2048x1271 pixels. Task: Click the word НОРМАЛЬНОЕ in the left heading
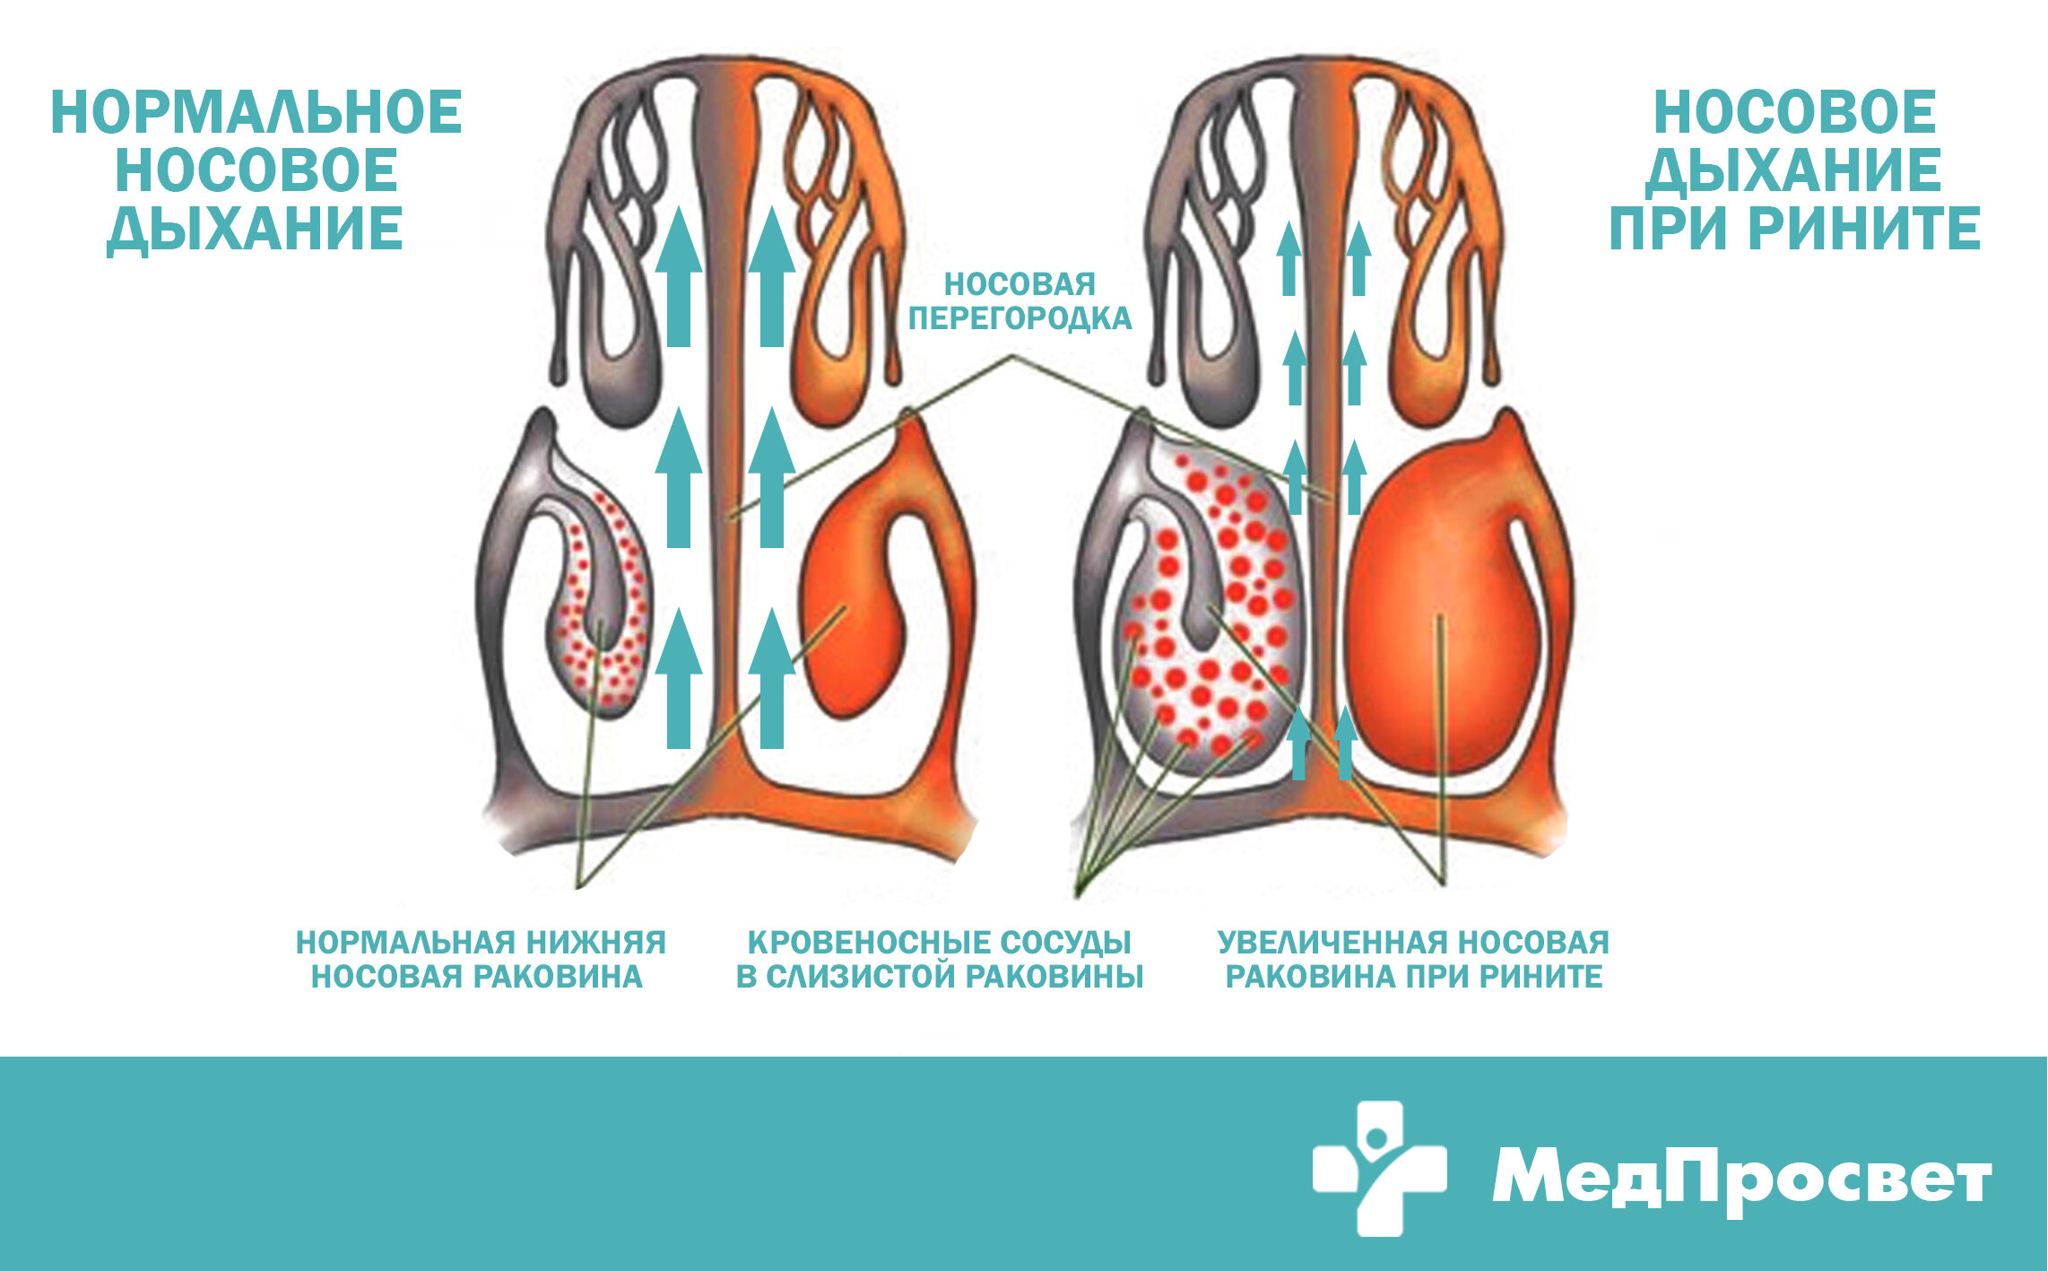pos(256,112)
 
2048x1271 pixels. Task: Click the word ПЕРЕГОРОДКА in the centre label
pos(1020,318)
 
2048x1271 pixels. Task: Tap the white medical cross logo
pos(1379,1168)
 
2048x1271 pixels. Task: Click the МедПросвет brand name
pos(1741,1177)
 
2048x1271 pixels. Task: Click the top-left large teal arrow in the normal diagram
pos(679,276)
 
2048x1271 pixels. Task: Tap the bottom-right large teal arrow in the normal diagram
pos(771,677)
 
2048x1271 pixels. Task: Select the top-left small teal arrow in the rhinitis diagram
pos(1289,258)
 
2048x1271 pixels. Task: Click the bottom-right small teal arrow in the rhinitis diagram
pos(1344,743)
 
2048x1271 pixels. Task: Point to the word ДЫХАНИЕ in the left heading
pos(256,228)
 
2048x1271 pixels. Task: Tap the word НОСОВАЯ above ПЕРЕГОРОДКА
pos(1020,284)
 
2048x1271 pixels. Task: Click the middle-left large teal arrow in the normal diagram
pos(679,477)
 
